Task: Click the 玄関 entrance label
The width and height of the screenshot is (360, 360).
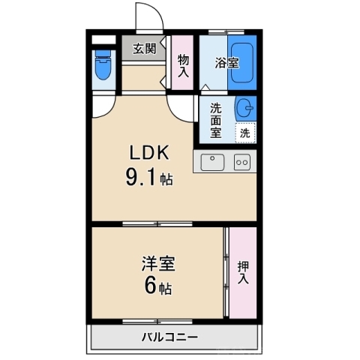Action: pyautogui.click(x=145, y=49)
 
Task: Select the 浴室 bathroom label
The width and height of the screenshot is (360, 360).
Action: pyautogui.click(x=226, y=62)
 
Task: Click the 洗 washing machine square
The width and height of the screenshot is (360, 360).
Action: pyautogui.click(x=245, y=133)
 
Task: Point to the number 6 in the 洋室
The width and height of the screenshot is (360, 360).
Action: pyautogui.click(x=150, y=286)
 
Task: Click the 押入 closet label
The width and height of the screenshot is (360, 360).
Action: pyautogui.click(x=244, y=271)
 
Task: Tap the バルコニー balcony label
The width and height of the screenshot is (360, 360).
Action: pyautogui.click(x=170, y=337)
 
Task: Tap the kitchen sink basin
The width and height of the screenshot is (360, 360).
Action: pyautogui.click(x=213, y=161)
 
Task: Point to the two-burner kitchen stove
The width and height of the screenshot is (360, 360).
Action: pyautogui.click(x=242, y=161)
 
